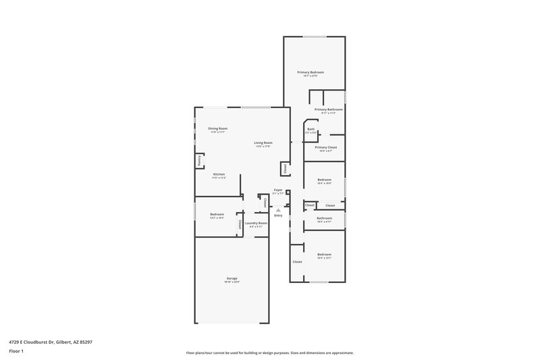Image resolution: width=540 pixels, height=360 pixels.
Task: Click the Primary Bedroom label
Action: coord(310,72)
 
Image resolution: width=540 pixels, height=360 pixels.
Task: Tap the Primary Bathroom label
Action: coord(329,109)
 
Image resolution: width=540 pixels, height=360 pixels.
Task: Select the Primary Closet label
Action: coord(325,147)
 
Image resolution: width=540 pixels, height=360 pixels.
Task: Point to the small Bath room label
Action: coord(310,129)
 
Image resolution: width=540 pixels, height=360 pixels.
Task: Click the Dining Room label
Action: coord(217,128)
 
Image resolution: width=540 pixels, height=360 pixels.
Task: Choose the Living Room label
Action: coord(263,143)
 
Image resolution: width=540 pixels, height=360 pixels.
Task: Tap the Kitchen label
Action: coord(219,174)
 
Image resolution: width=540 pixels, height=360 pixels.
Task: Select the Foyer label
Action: coord(277,190)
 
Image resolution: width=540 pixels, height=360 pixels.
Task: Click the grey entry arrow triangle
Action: coord(277,210)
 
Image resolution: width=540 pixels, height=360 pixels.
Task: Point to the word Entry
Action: coord(277,215)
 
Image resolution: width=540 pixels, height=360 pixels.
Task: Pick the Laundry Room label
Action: coord(256,223)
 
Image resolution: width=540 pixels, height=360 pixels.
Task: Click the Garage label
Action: coord(232,278)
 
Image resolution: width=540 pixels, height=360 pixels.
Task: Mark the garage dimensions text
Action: coord(232,282)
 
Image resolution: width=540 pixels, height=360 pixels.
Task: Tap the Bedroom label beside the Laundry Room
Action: coord(217,214)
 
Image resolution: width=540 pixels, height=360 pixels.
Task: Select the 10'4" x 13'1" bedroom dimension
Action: coord(325,258)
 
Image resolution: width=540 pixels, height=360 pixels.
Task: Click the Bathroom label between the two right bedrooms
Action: coord(324,217)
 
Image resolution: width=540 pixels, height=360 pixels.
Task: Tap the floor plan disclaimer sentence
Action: coord(269,353)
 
